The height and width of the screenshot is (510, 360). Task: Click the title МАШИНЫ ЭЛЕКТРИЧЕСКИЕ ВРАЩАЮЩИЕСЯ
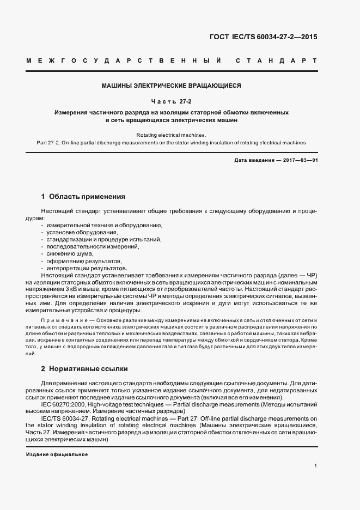click(171, 86)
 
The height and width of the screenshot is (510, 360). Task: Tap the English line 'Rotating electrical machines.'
click(171, 135)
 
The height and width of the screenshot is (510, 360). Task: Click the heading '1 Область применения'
click(83, 196)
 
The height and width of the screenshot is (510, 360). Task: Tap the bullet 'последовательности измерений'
click(85, 246)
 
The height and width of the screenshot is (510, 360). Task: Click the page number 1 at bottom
click(316, 466)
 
